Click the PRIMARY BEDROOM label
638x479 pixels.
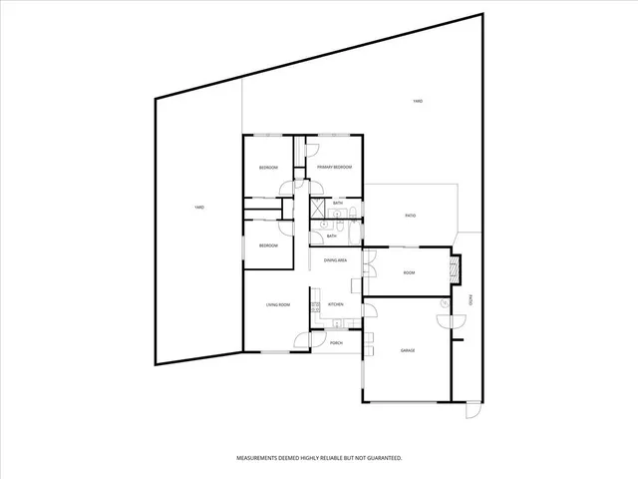[334, 167]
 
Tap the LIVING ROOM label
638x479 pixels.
[277, 304]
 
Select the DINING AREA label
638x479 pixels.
[335, 259]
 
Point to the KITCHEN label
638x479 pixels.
[336, 303]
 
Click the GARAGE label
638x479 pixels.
[408, 350]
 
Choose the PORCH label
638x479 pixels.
[336, 342]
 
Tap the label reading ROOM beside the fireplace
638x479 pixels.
[409, 272]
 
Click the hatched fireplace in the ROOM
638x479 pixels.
[457, 268]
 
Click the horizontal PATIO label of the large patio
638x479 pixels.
[410, 215]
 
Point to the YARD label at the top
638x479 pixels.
[419, 102]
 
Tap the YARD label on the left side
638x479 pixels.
[199, 207]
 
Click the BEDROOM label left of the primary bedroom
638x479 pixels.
[268, 167]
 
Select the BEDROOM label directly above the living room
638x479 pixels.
[268, 245]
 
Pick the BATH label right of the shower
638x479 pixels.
[339, 203]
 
